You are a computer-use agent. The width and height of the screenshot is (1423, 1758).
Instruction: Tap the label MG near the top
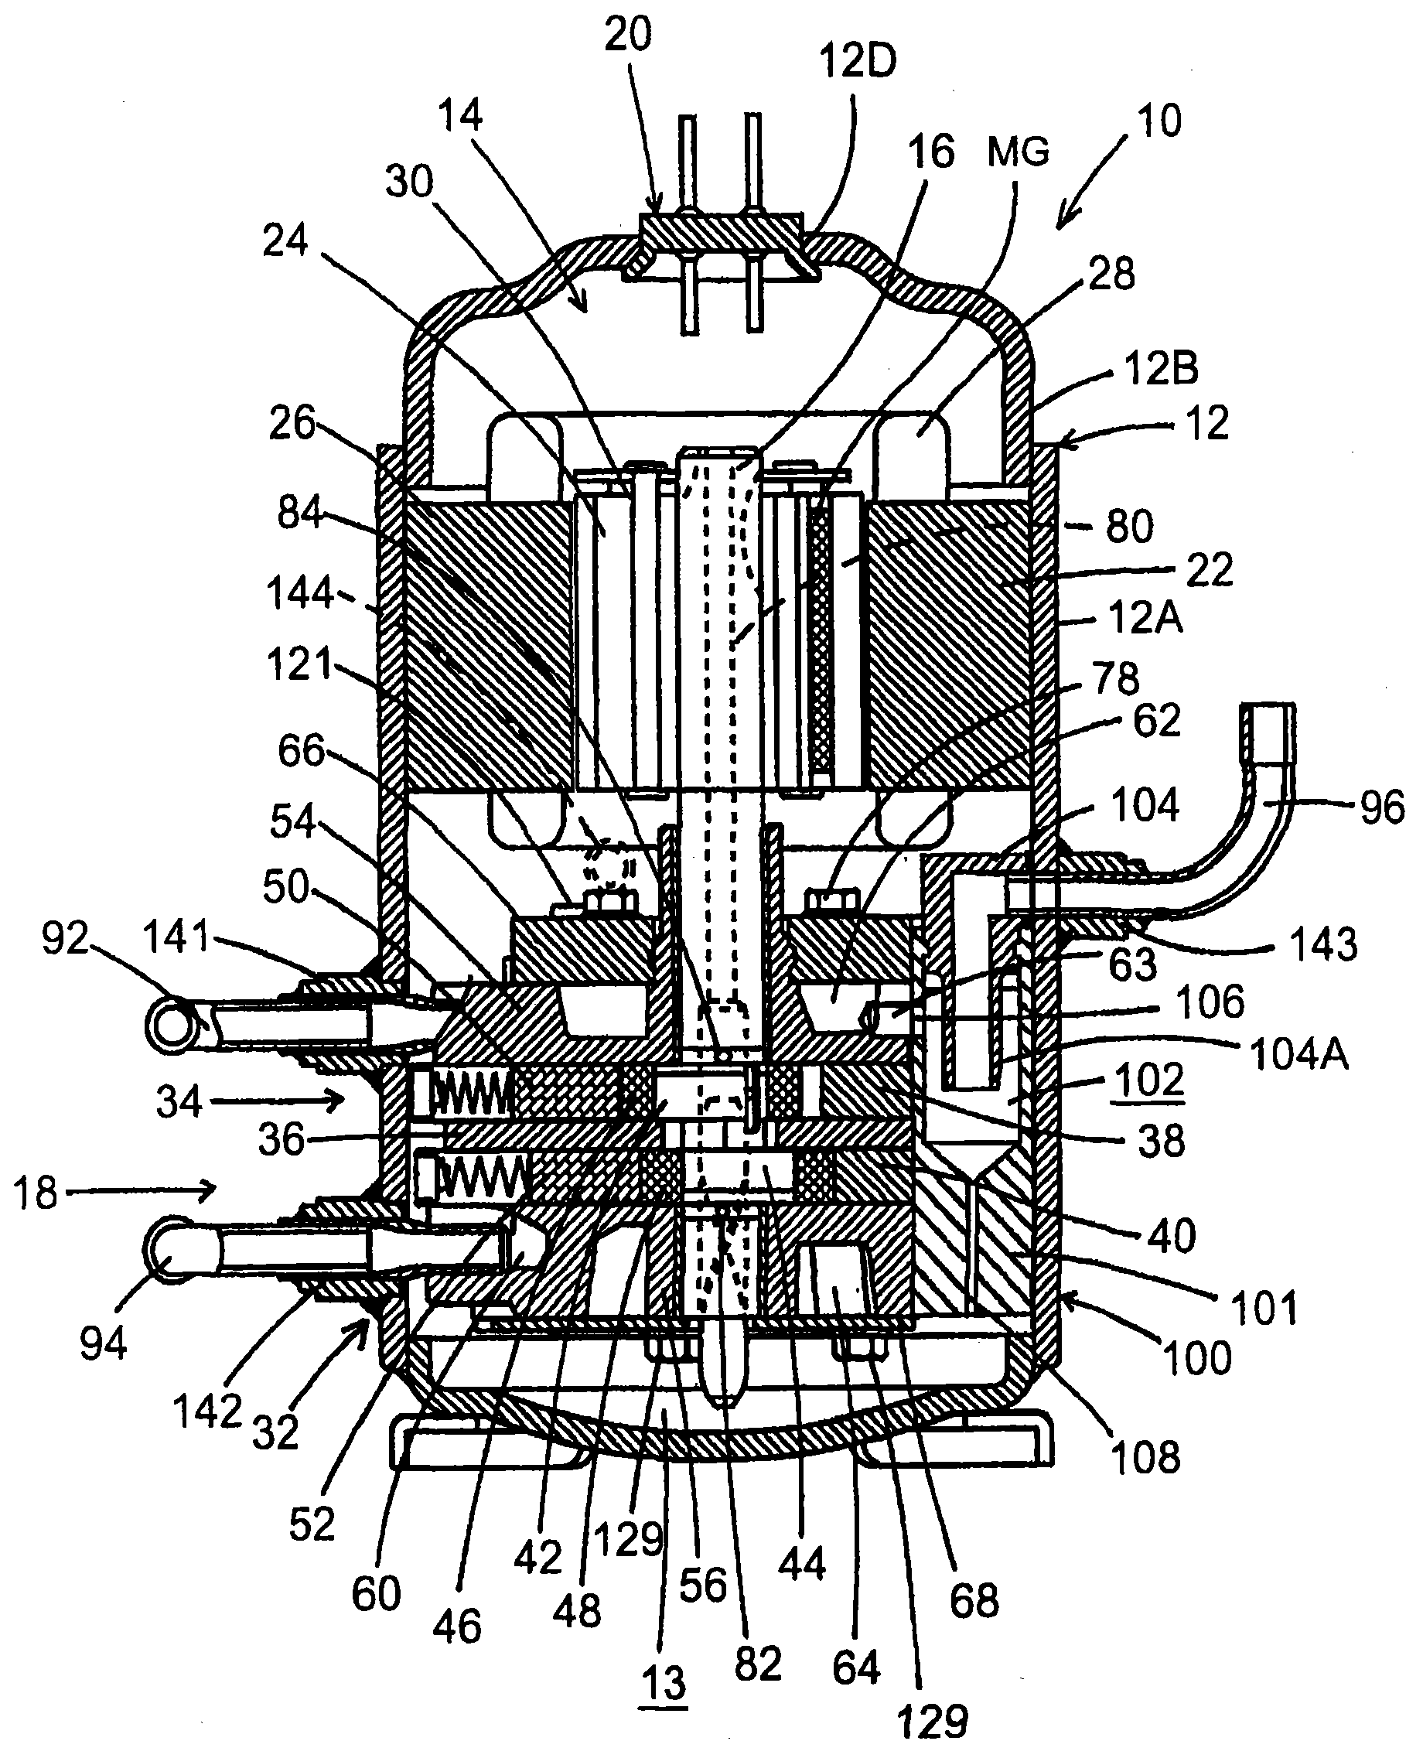pos(1018,152)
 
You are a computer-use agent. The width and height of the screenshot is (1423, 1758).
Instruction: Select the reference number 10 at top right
pos(1159,121)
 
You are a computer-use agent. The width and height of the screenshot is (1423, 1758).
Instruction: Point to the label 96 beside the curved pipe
pos(1383,807)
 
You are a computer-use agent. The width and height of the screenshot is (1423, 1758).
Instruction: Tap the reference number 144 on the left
pos(300,592)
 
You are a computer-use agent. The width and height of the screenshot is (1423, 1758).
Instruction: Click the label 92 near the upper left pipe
pos(66,937)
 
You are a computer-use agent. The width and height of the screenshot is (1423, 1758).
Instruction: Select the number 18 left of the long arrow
pos(36,1193)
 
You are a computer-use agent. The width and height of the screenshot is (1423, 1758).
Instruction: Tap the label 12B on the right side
pos(1162,369)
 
